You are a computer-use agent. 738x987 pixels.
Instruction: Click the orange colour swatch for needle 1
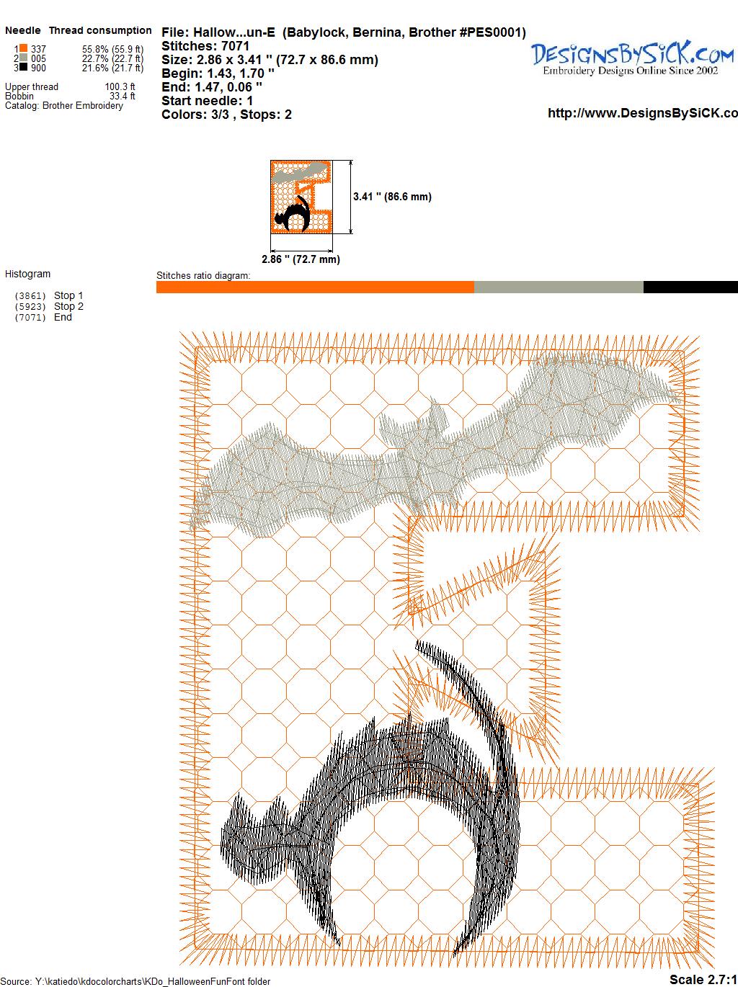23,48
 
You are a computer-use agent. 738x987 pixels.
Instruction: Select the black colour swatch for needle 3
23,67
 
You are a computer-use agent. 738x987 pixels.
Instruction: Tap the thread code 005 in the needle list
38,58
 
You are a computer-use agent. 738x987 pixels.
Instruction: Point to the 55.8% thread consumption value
95,49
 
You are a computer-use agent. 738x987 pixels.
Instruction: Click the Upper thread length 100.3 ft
120,86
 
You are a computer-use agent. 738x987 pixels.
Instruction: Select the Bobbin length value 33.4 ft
123,97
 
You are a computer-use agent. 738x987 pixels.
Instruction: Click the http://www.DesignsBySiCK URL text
643,113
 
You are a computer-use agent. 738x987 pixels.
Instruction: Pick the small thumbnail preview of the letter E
301,197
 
